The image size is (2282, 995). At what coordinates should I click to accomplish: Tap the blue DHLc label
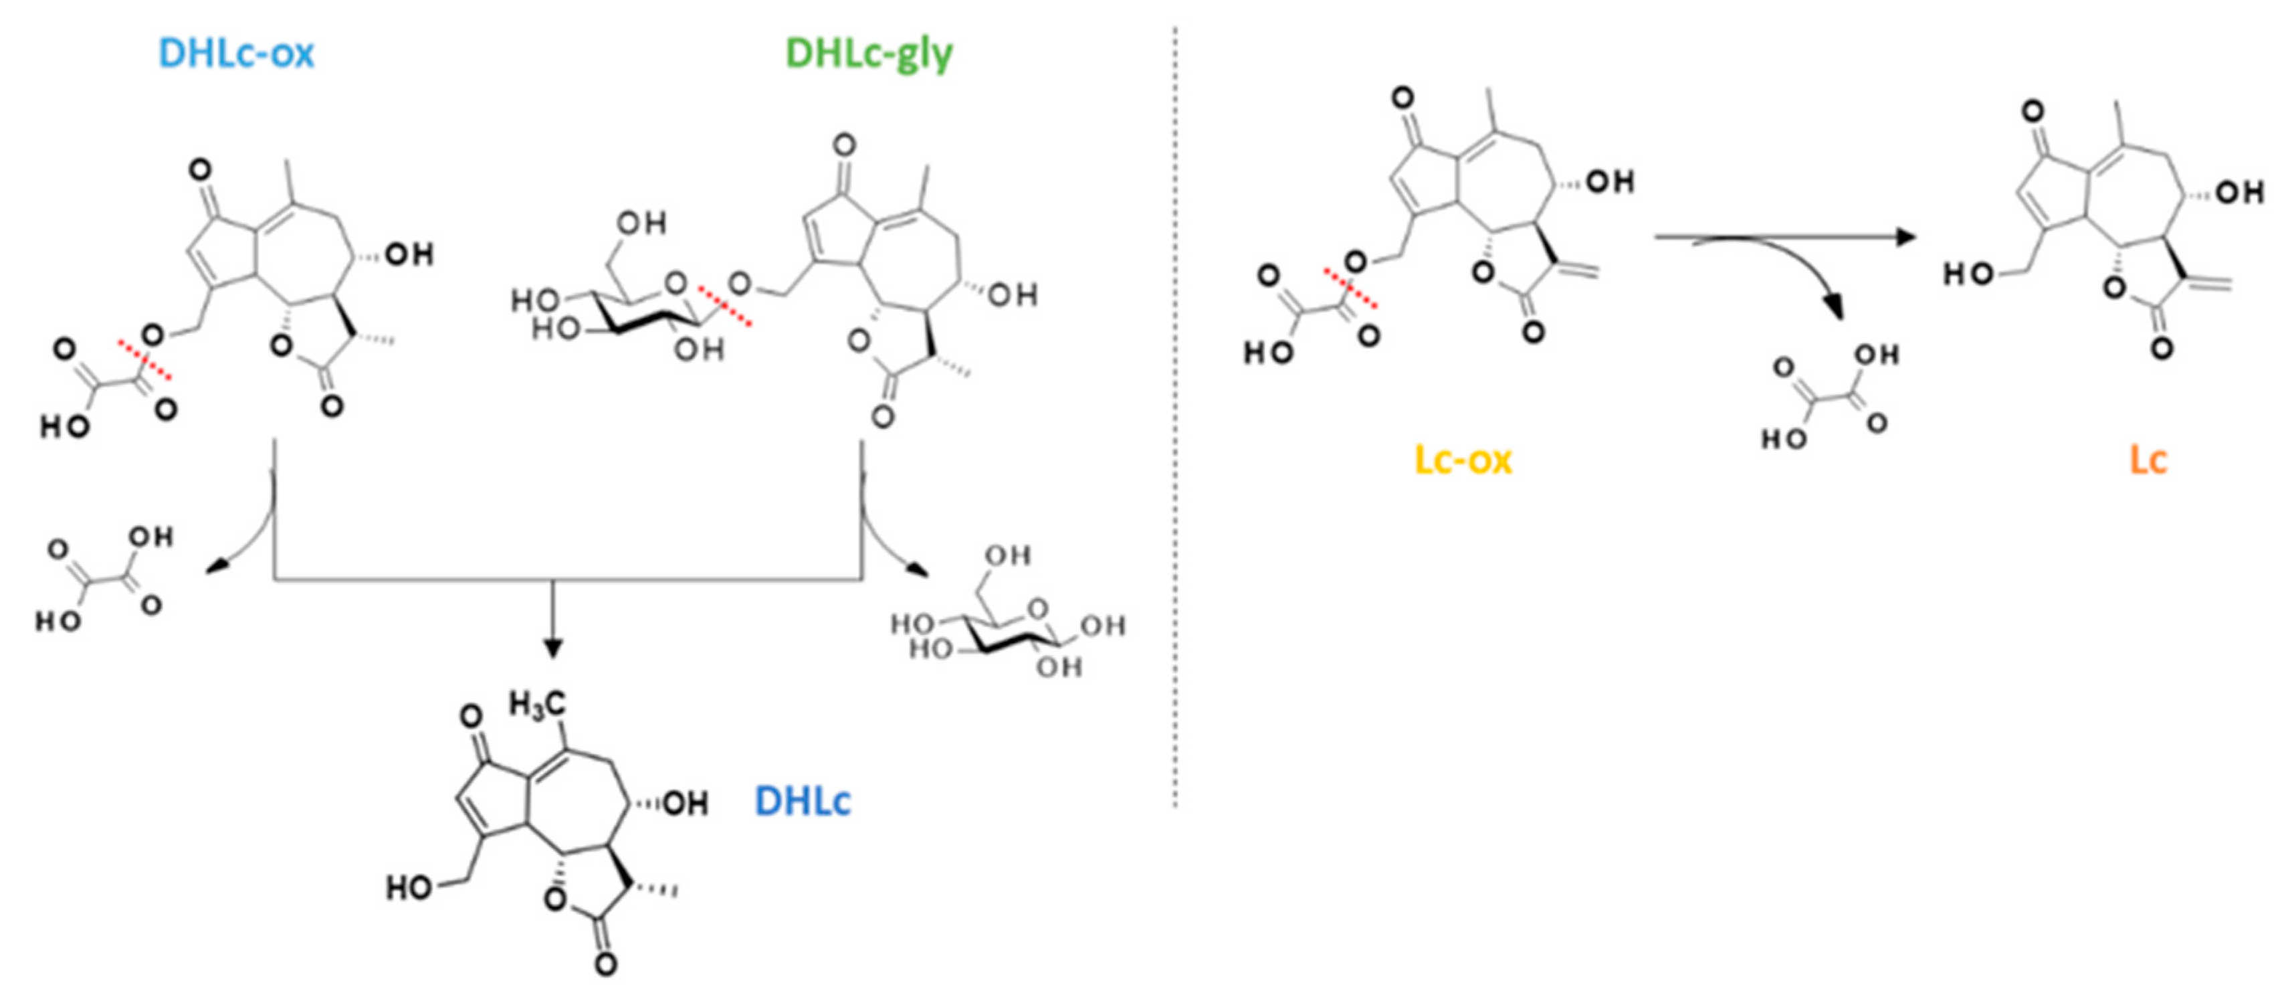click(802, 801)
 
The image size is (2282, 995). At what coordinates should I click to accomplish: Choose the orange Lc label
click(2148, 460)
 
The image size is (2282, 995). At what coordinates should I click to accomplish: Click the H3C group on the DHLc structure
click(537, 705)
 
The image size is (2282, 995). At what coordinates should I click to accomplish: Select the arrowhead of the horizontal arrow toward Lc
click(1905, 238)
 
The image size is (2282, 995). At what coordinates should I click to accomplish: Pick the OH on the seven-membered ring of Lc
click(2239, 192)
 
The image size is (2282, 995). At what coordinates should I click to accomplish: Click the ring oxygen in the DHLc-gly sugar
click(676, 284)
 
